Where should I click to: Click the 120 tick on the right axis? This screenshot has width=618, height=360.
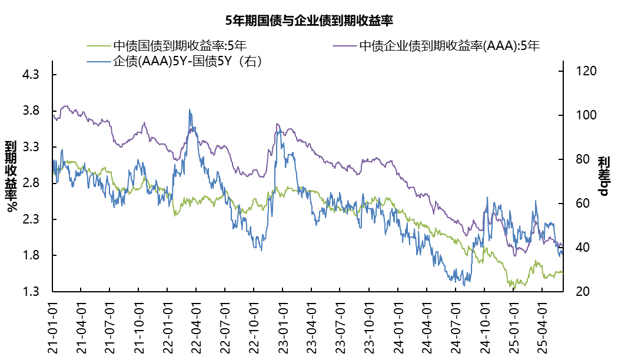click(x=580, y=71)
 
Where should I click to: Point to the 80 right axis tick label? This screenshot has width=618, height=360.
click(x=577, y=159)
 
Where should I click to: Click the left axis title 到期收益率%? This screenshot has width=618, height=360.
click(x=11, y=176)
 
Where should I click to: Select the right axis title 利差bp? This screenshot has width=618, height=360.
click(x=604, y=176)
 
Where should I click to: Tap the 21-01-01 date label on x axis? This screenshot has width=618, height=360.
click(x=52, y=326)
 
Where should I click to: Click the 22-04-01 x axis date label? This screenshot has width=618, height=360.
click(x=197, y=326)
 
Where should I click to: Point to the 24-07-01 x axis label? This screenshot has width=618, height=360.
click(x=456, y=326)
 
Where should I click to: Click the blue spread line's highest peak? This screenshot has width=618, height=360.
click(x=190, y=109)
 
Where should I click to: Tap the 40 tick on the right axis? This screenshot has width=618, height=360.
click(x=577, y=248)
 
